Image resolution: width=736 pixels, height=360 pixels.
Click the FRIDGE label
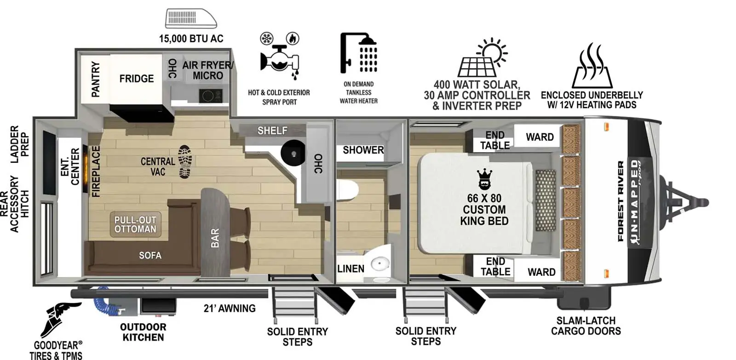coord(136,79)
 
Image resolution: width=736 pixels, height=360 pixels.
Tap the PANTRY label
coord(95,80)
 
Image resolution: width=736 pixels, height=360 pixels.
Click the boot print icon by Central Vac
coord(185,161)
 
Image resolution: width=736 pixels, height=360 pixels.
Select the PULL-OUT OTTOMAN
coord(135,224)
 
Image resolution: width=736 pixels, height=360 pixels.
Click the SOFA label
coord(150,255)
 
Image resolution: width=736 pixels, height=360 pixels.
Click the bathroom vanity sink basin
coord(380,264)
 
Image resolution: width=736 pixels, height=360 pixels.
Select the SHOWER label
coord(363,150)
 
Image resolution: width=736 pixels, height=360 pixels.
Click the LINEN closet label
coord(351,269)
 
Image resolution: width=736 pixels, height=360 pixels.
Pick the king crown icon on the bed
coord(484,179)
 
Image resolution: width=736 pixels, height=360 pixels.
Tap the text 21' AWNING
coord(230,309)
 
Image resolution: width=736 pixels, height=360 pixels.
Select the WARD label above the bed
coord(540,137)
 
